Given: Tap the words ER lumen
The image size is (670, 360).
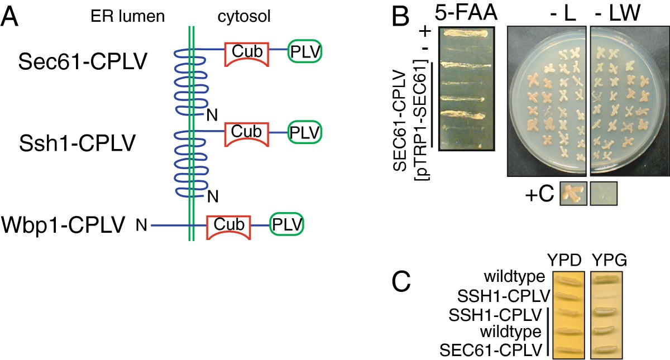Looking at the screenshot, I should (128, 17).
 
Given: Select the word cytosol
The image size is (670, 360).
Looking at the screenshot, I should (244, 17).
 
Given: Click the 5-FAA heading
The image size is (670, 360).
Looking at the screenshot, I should (466, 13).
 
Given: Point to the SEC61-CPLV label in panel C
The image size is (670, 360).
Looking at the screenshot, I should (491, 351).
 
